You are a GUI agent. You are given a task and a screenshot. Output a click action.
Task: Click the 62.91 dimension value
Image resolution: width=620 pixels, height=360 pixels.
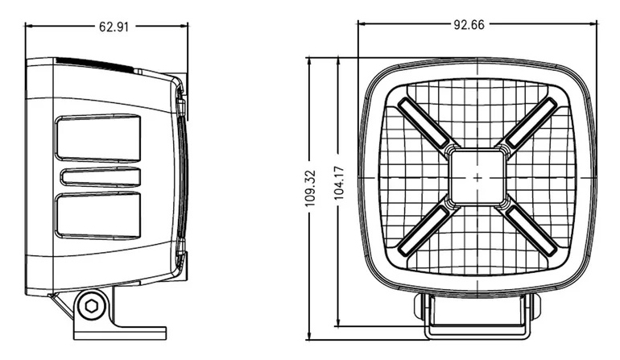tap(114, 27)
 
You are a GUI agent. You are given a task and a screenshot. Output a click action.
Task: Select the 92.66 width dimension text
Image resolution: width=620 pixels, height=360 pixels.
tap(469, 25)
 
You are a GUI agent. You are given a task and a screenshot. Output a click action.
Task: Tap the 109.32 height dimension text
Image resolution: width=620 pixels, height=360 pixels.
tap(310, 188)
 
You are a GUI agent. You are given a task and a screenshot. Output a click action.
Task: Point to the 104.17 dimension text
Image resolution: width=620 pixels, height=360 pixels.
tap(340, 183)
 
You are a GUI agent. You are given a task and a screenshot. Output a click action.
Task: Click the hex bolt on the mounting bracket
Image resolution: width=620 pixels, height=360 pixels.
tap(92, 306)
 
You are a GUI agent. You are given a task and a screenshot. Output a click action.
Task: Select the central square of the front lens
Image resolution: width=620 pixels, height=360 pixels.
tap(477, 177)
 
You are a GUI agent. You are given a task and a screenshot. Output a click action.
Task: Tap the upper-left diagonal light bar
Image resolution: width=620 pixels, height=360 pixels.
tap(423, 122)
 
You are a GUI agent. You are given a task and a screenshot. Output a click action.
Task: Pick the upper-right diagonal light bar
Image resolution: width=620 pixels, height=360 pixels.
tap(531, 122)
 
